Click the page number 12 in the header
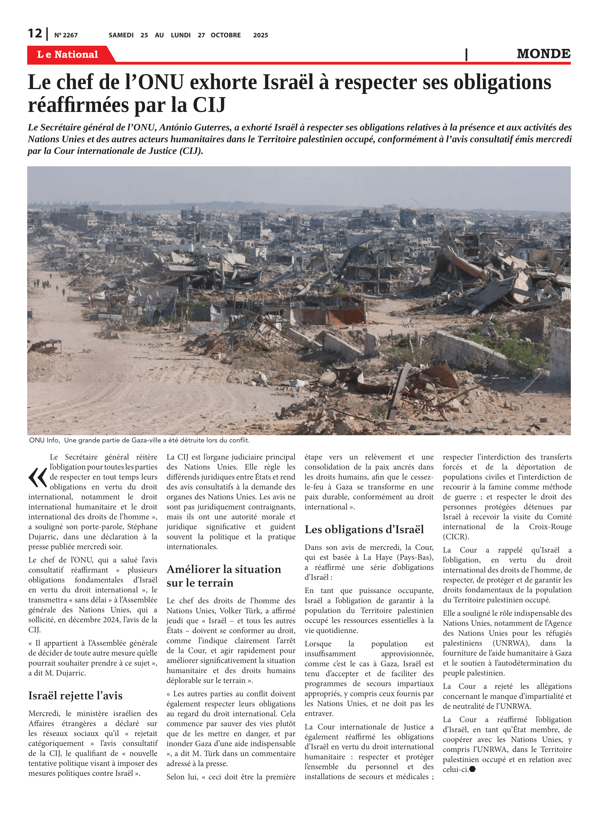(x=35, y=33)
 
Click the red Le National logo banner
(x=68, y=54)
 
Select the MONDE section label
(x=543, y=54)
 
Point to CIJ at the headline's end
(x=209, y=105)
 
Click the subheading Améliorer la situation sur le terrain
(x=223, y=576)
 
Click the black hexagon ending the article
(x=472, y=769)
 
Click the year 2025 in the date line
(x=260, y=35)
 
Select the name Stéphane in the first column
(x=142, y=527)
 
